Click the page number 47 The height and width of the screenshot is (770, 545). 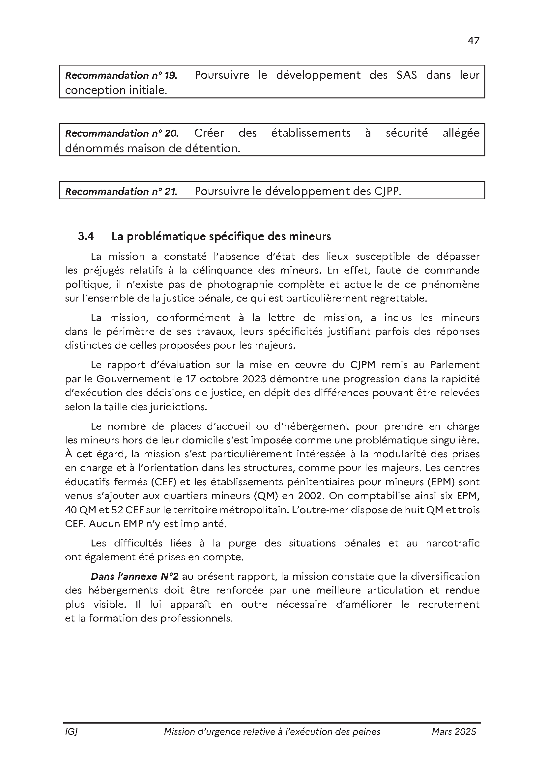click(473, 41)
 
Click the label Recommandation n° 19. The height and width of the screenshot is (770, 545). click(121, 75)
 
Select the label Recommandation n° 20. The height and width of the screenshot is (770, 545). click(122, 133)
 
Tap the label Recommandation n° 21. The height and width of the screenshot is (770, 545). click(121, 192)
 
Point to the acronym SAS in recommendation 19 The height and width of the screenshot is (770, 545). click(406, 75)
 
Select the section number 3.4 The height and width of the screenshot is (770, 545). click(86, 236)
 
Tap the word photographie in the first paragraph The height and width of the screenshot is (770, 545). click(239, 284)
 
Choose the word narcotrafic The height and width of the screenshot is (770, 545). click(452, 543)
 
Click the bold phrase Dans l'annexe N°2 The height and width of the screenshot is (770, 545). click(134, 576)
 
